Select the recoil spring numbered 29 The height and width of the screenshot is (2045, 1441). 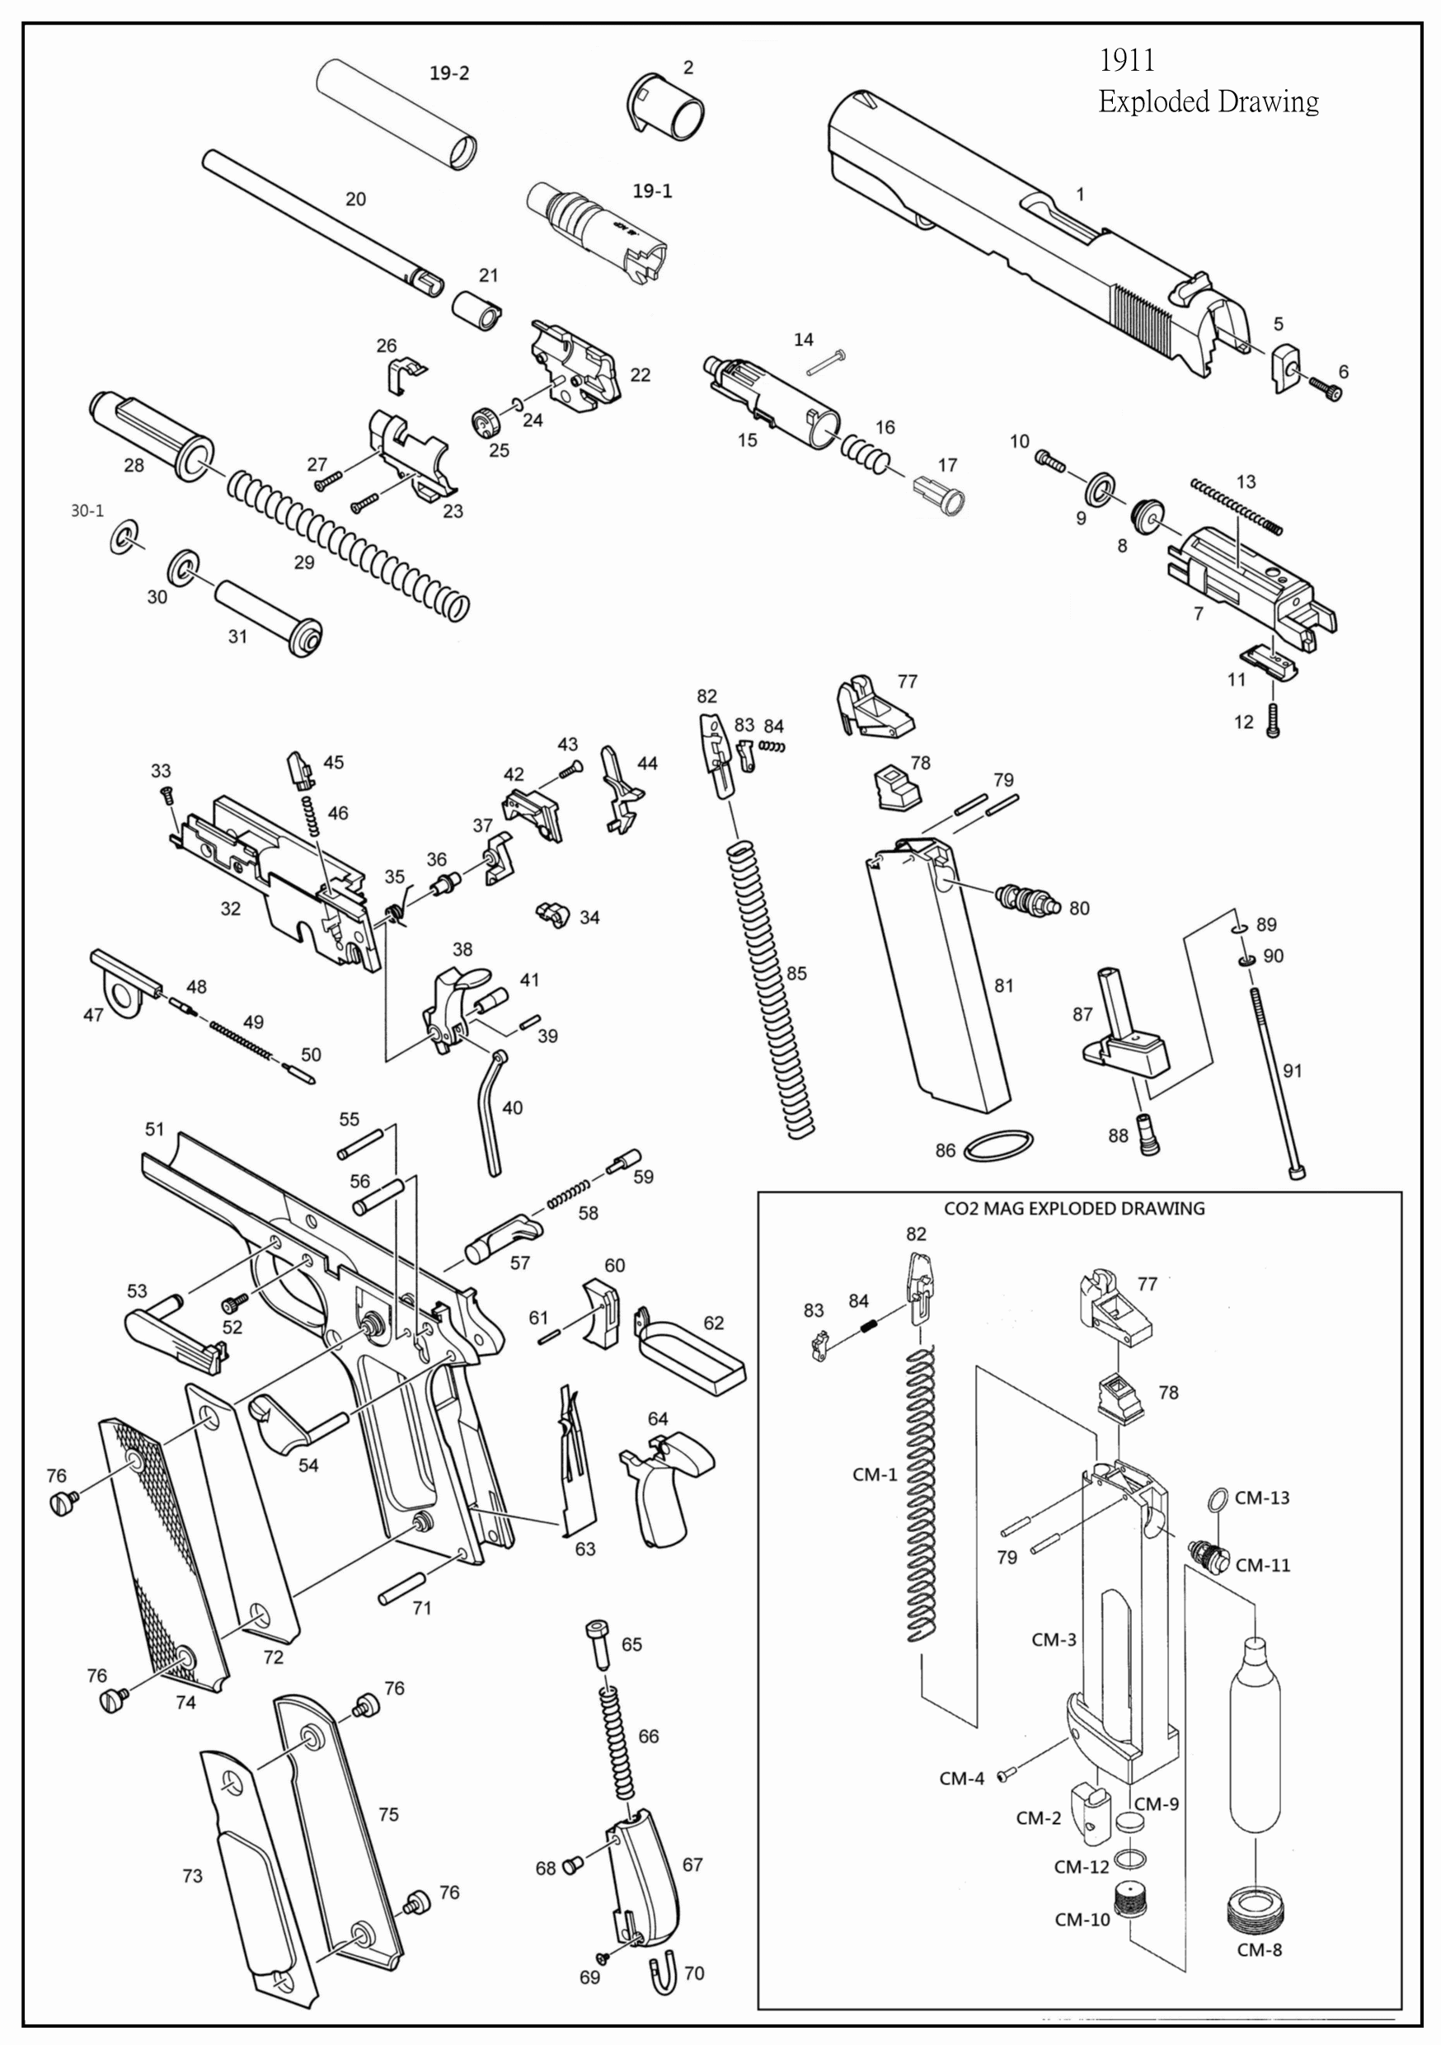point(347,543)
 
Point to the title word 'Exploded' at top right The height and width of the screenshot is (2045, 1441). point(1154,102)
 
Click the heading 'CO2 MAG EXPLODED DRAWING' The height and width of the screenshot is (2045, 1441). point(1073,1209)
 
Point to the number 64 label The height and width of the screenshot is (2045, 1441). point(657,1419)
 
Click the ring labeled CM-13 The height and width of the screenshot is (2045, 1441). point(1218,1499)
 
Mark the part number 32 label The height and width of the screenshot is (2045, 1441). point(231,909)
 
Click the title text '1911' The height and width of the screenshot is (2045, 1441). point(1127,60)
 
